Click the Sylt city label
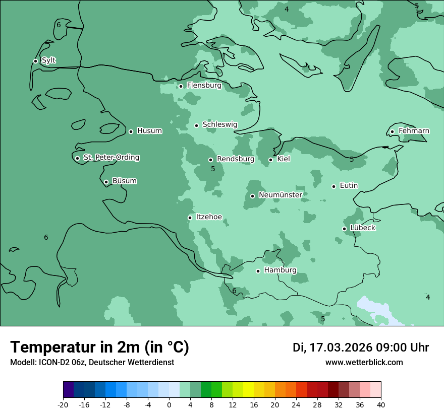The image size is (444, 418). (48, 60)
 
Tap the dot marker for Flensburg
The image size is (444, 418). (181, 86)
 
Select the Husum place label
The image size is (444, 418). (149, 131)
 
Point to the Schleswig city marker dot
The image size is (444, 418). (196, 125)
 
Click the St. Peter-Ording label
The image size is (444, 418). (111, 158)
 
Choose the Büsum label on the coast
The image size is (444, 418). (124, 181)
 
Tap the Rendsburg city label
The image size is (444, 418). (235, 159)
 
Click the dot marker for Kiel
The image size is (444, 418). (270, 160)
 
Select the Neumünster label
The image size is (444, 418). (280, 195)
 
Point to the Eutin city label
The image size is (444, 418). (349, 186)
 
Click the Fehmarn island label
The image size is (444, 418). (414, 131)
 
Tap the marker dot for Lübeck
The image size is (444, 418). (344, 229)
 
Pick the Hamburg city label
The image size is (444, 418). (280, 270)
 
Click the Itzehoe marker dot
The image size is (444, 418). (190, 218)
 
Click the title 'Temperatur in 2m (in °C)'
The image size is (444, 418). (99, 347)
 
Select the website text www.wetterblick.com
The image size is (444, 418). (364, 363)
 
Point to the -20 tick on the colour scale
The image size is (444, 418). (63, 405)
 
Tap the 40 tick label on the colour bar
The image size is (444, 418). (381, 405)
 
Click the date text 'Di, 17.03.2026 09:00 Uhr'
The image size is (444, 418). (361, 347)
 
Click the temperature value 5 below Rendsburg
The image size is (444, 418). (213, 169)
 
